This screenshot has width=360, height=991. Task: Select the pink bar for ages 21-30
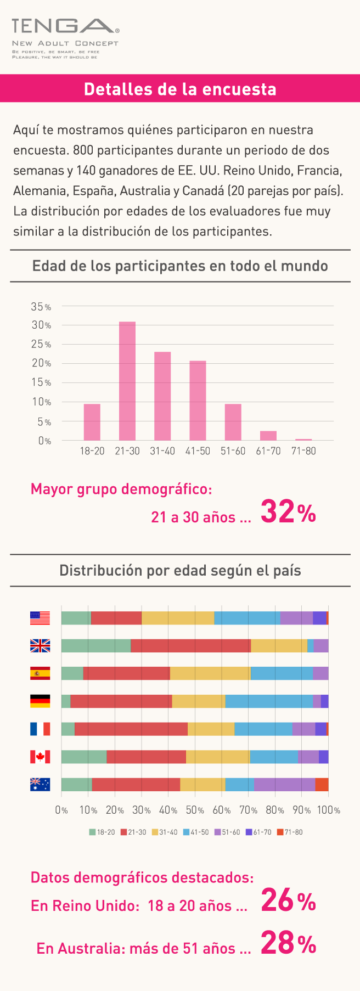(x=127, y=381)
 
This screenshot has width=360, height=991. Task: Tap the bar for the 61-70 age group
(x=268, y=436)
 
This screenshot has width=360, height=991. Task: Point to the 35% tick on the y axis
(x=41, y=307)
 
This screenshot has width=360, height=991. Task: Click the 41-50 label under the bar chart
(x=198, y=451)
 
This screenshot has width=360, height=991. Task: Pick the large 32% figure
(x=288, y=512)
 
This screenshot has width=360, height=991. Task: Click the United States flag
(x=40, y=618)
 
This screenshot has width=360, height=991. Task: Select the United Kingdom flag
(x=40, y=646)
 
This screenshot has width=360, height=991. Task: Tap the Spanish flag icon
(x=40, y=673)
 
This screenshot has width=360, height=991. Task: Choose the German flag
(x=40, y=701)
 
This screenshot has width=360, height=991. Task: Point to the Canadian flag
(x=40, y=757)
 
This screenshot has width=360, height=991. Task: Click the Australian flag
(x=40, y=785)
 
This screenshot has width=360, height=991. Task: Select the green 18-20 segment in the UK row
(x=96, y=646)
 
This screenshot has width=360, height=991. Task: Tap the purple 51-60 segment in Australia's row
(x=284, y=785)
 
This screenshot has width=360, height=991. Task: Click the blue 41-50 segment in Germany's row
(x=269, y=701)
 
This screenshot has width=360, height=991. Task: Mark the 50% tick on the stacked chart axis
(x=195, y=810)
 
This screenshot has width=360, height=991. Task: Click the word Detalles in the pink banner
(x=115, y=89)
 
